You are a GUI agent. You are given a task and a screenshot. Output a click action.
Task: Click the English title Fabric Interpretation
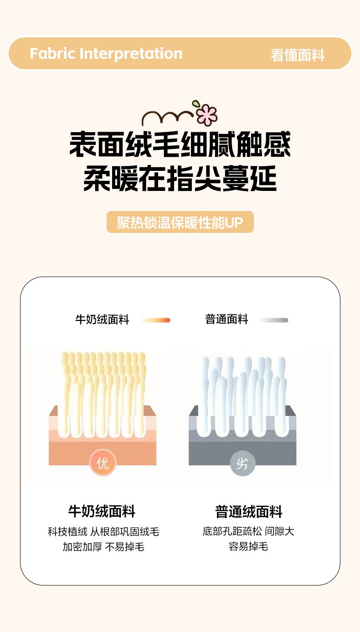point(106,54)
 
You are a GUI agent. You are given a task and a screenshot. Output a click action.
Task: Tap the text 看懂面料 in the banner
point(298,55)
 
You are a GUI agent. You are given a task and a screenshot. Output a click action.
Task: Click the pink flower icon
point(207,115)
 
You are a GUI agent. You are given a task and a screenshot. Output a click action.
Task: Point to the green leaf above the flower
point(195,103)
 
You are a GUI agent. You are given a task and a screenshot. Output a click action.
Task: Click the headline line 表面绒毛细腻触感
point(180,144)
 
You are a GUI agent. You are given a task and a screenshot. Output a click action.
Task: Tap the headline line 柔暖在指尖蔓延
point(180,178)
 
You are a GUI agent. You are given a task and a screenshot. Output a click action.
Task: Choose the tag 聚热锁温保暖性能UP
point(180,222)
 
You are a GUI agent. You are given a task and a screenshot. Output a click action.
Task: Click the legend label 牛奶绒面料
point(102,320)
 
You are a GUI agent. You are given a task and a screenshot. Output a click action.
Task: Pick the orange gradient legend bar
point(156,320)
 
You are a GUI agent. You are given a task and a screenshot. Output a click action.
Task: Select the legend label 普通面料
point(226,319)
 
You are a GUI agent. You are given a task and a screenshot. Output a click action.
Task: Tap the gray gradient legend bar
point(274,320)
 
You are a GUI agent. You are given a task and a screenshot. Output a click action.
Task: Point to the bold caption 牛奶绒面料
point(102,511)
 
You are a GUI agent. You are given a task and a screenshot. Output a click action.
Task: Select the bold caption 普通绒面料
point(248,512)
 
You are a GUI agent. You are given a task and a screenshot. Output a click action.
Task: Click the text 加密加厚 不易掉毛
point(103,547)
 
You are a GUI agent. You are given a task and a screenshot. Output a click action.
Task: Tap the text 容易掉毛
point(248,546)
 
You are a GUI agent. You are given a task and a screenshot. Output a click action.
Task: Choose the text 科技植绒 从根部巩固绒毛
point(103,532)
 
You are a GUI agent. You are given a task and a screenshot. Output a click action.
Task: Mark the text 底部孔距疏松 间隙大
point(248,531)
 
